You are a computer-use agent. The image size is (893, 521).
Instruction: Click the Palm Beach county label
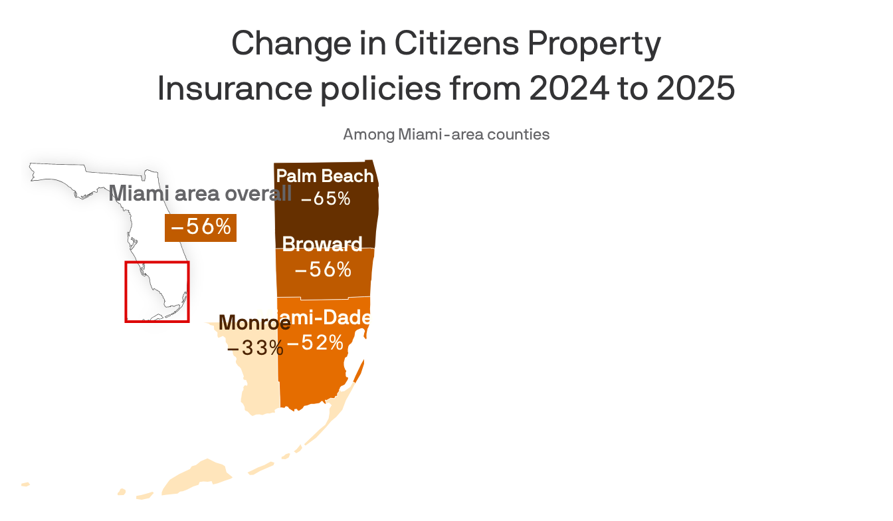(325, 176)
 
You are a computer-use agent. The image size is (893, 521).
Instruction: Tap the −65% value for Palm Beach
(326, 199)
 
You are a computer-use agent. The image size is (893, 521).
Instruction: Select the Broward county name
(322, 245)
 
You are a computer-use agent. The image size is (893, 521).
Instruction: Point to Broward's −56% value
(323, 269)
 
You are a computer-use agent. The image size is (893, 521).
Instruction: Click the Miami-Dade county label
(324, 318)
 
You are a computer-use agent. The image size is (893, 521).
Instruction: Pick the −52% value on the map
(316, 343)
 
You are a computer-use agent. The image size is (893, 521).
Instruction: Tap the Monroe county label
(254, 323)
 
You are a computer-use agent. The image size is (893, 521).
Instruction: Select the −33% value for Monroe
(255, 348)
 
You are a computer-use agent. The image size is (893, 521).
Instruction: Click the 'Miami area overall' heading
(200, 193)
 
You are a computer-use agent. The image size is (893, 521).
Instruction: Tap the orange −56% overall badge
(201, 227)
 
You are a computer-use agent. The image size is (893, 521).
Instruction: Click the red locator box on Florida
(157, 292)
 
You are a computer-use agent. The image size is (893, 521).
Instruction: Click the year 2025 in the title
(696, 90)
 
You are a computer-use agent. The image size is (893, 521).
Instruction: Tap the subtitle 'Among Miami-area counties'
(446, 134)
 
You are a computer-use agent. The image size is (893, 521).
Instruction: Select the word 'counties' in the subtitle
(518, 134)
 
